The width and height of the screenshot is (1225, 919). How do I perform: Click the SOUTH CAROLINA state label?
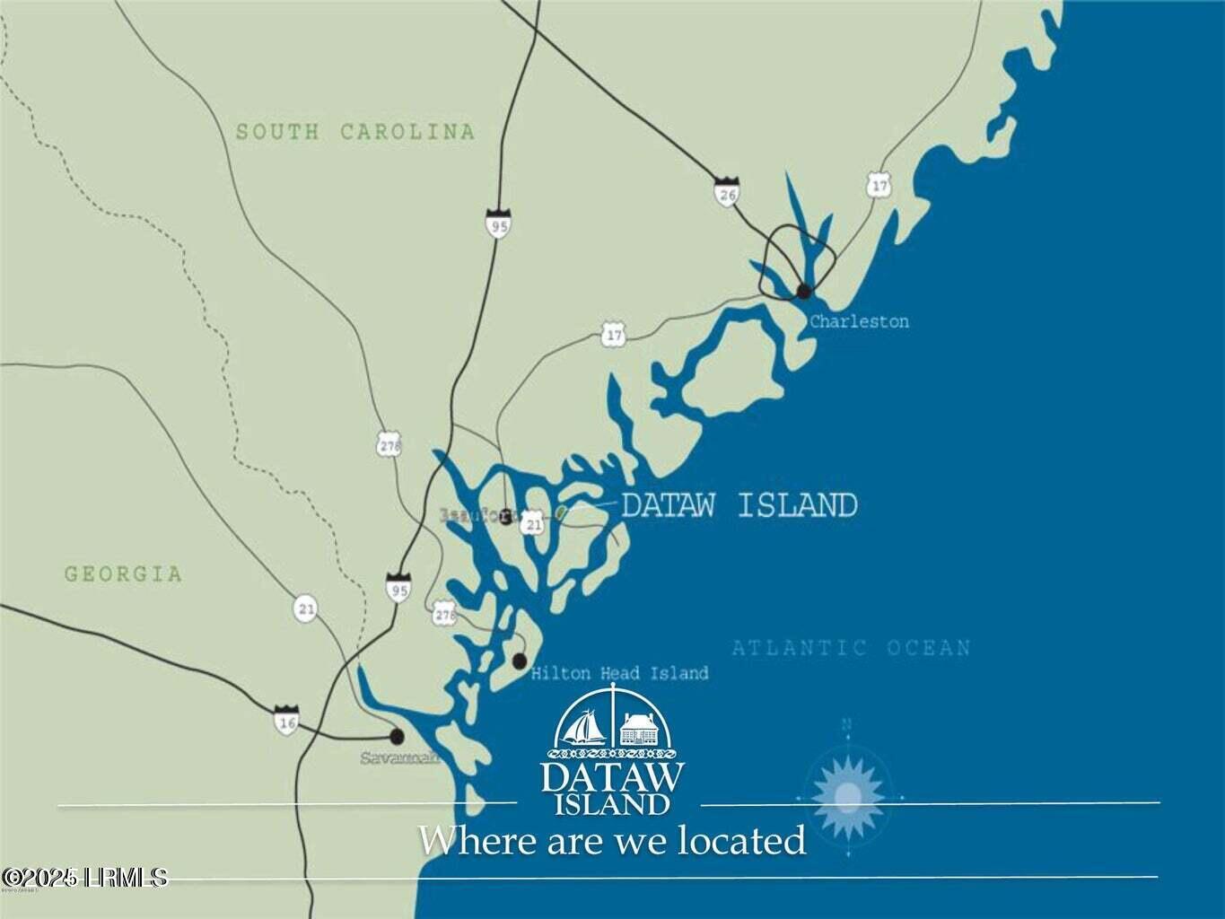354,132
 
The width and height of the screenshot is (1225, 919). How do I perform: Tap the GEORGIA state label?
123,573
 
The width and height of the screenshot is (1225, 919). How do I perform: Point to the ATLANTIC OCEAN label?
851,648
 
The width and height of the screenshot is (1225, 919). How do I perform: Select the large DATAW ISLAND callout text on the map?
739,505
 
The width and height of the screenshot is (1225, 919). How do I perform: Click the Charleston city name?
859,321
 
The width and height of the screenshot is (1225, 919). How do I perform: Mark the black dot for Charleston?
804,290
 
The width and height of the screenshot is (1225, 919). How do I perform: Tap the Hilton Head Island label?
619,673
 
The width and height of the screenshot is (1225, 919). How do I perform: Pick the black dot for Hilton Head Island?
519,661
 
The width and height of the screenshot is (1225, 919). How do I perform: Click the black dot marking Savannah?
397,736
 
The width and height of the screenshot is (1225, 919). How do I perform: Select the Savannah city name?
399,757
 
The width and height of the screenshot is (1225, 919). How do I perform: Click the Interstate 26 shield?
726,192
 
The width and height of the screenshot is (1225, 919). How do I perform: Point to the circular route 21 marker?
306,609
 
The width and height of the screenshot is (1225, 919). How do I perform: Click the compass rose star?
848,795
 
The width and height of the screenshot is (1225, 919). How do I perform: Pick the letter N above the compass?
846,724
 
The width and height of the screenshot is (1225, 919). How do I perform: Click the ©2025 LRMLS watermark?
84,877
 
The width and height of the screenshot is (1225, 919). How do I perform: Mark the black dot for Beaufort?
506,516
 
